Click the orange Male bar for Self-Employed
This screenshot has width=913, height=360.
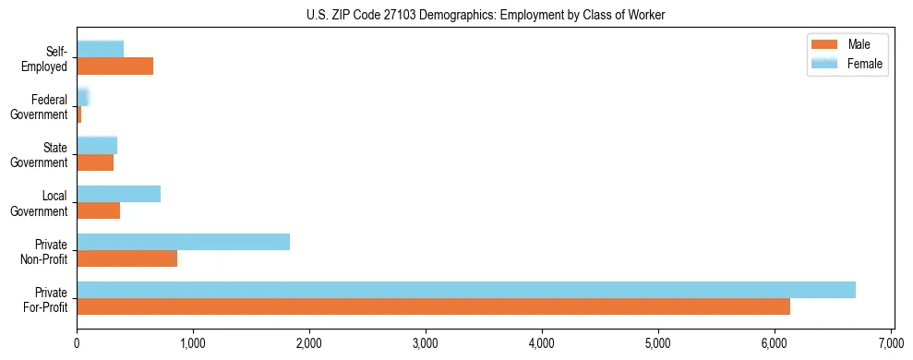tap(114, 66)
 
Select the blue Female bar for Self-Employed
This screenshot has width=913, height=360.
tap(100, 49)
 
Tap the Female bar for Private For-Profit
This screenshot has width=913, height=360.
tap(465, 290)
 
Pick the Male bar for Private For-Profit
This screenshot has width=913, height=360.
tap(433, 306)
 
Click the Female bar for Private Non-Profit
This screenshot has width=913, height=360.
tap(183, 242)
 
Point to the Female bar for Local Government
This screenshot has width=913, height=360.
tap(118, 194)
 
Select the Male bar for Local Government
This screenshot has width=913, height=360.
tap(98, 210)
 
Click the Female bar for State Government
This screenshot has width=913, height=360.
tap(97, 145)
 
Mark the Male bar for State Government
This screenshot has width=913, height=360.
tap(95, 162)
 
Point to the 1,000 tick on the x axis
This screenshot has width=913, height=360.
tap(193, 343)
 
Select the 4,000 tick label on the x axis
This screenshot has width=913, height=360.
tap(542, 343)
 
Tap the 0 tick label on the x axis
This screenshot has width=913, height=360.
tap(77, 343)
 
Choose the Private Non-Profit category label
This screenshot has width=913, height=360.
tap(43, 252)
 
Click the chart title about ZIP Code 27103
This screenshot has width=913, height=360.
tap(486, 16)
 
